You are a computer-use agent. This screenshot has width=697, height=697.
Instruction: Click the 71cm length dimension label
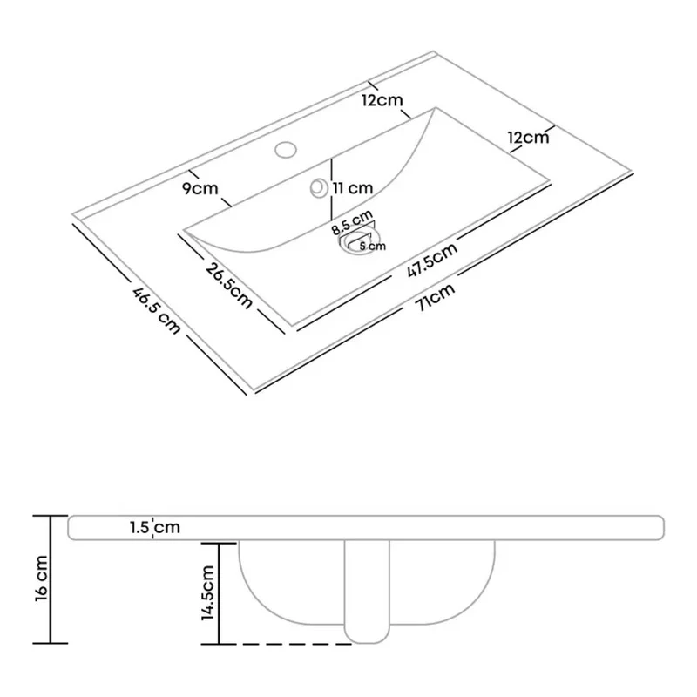[x=435, y=297]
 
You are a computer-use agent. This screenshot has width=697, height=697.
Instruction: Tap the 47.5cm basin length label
[x=432, y=260]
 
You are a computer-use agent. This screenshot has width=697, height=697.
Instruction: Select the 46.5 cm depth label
[x=157, y=311]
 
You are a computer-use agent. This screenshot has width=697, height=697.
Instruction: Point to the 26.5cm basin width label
[x=229, y=286]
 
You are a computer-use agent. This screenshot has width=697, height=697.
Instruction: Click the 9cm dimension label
[x=200, y=188]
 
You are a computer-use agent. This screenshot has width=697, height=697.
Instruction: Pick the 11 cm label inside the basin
[x=353, y=188]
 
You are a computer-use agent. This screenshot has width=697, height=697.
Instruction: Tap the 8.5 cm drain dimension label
[x=352, y=223]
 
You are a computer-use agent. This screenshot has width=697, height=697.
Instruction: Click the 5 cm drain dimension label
[x=373, y=246]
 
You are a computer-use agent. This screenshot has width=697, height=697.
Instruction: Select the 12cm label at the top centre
[x=382, y=100]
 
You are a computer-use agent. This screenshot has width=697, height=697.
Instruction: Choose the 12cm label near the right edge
[x=529, y=138]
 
